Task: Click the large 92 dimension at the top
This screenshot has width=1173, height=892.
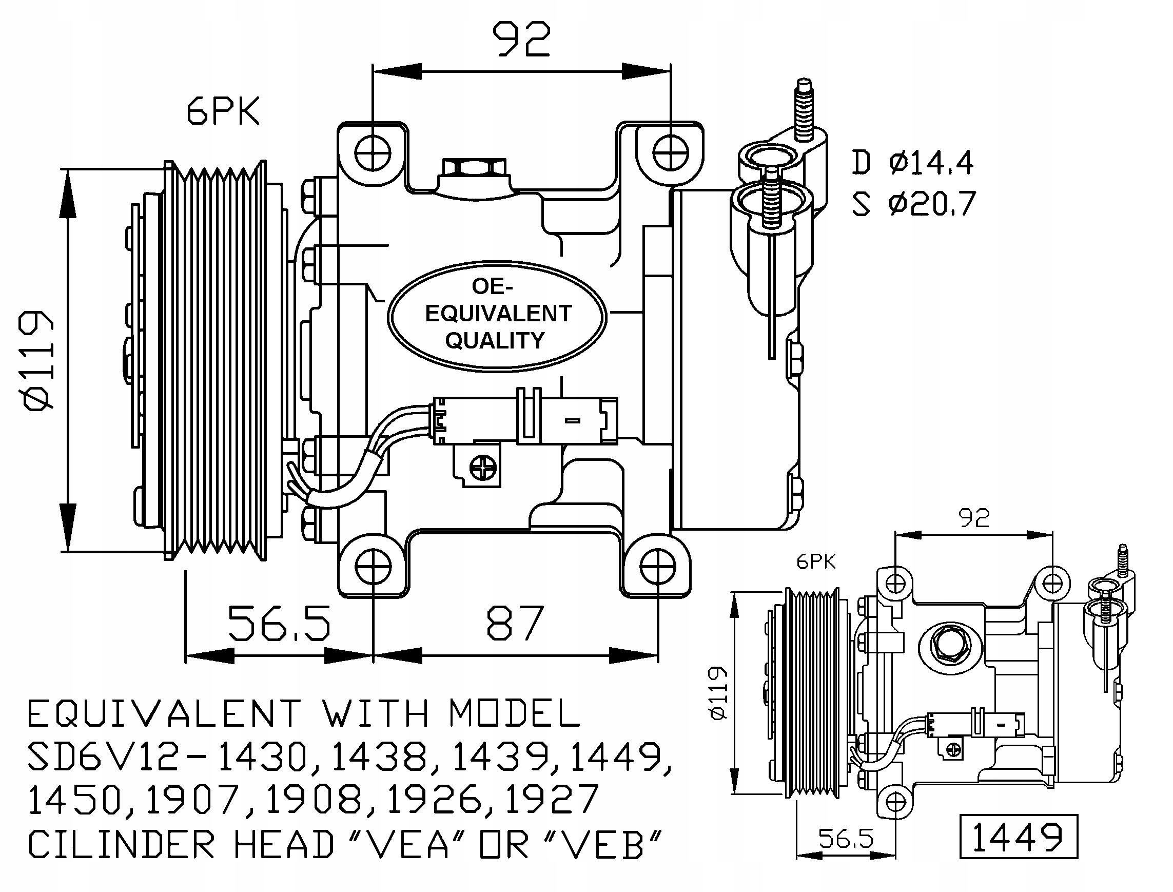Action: [522, 41]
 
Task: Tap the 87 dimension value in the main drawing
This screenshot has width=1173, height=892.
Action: [515, 622]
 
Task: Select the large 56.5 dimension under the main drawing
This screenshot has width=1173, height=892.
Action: [279, 622]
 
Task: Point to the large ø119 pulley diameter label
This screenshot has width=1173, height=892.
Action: [38, 360]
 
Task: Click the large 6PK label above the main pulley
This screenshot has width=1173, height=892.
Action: [223, 112]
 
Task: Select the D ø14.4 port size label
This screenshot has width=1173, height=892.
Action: [912, 163]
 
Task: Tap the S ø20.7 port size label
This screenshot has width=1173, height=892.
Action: [913, 203]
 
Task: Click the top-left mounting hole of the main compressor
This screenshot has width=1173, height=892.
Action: [374, 153]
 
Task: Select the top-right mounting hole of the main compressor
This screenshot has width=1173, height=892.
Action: [671, 153]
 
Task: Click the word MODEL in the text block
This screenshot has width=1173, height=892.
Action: [515, 713]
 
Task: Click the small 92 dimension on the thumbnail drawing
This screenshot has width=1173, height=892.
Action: [974, 518]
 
